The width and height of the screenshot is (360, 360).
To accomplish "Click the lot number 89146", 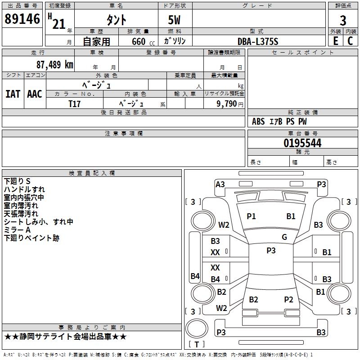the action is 22,19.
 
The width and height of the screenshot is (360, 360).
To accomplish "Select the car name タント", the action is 116,20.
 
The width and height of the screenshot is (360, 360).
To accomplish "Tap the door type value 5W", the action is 175,20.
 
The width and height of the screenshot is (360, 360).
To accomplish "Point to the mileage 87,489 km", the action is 54,64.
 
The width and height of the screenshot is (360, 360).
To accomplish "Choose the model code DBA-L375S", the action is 258,41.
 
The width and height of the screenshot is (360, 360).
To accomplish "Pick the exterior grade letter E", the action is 335,41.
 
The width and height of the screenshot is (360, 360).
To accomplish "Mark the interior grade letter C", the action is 351,41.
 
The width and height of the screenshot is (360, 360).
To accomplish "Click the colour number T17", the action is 75,103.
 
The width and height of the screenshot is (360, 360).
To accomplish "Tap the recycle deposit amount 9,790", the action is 227,103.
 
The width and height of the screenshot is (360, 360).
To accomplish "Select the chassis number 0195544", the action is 302,143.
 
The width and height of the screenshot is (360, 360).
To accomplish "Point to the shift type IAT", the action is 13,94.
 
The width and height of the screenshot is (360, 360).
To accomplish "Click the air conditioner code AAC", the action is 35,94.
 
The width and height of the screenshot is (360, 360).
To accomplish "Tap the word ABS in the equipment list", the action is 258,121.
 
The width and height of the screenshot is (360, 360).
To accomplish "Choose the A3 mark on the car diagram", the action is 220,184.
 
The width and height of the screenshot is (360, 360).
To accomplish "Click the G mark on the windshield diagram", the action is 284,237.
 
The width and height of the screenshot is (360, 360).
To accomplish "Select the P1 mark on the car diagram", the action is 251,216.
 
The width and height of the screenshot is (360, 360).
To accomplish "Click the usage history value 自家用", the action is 96,41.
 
